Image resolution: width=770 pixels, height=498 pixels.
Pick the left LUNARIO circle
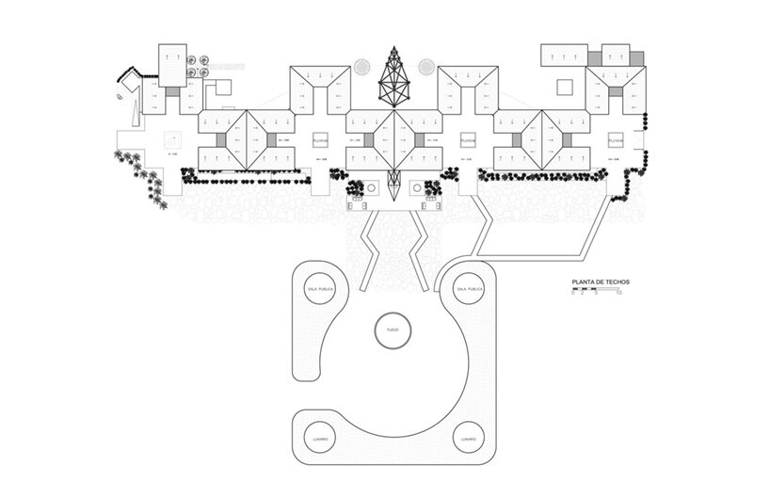[x=318, y=439]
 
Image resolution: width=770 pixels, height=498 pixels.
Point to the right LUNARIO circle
[x=468, y=439]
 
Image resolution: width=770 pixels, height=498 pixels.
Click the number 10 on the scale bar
[x=618, y=294]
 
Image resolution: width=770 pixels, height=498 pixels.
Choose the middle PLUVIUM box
[x=468, y=140]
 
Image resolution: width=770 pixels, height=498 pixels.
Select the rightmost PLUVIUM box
[x=616, y=140]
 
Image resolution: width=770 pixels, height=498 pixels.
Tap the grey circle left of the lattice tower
[x=361, y=67]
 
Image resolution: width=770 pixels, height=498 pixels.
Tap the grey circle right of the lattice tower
[x=425, y=67]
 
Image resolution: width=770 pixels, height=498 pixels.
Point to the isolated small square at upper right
[x=565, y=88]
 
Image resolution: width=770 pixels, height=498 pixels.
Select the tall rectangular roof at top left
[x=171, y=64]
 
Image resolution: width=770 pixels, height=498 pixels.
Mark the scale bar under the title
[x=594, y=290]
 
